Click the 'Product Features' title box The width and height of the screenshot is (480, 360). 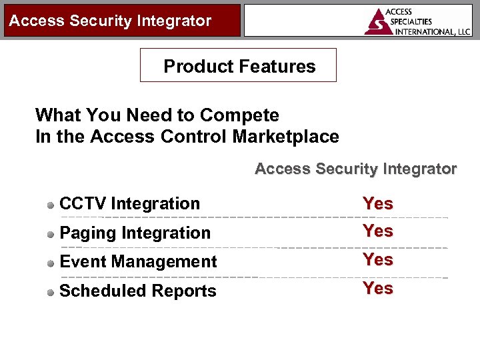coord(239,66)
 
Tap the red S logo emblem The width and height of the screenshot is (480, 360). coord(379,22)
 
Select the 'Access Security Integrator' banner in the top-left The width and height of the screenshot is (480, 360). coord(110,21)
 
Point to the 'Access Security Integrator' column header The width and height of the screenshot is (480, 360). coord(355,169)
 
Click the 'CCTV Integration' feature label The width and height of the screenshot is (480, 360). coord(129,204)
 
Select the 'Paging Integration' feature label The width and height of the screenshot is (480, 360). coord(135,233)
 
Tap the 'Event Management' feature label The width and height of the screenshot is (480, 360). coord(138,262)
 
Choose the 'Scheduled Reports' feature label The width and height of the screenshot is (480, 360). coord(138,291)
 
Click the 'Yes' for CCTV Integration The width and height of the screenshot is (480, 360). coord(377,204)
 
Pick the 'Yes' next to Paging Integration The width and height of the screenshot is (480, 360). coord(377,231)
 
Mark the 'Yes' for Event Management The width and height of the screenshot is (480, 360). coord(377,259)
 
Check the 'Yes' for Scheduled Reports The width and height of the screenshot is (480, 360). coord(377,288)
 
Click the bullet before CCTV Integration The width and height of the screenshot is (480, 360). coord(51,205)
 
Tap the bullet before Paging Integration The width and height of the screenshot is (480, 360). coord(51,234)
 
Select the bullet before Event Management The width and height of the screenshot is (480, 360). coord(51,263)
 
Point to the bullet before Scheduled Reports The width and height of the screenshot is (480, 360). coord(51,292)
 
